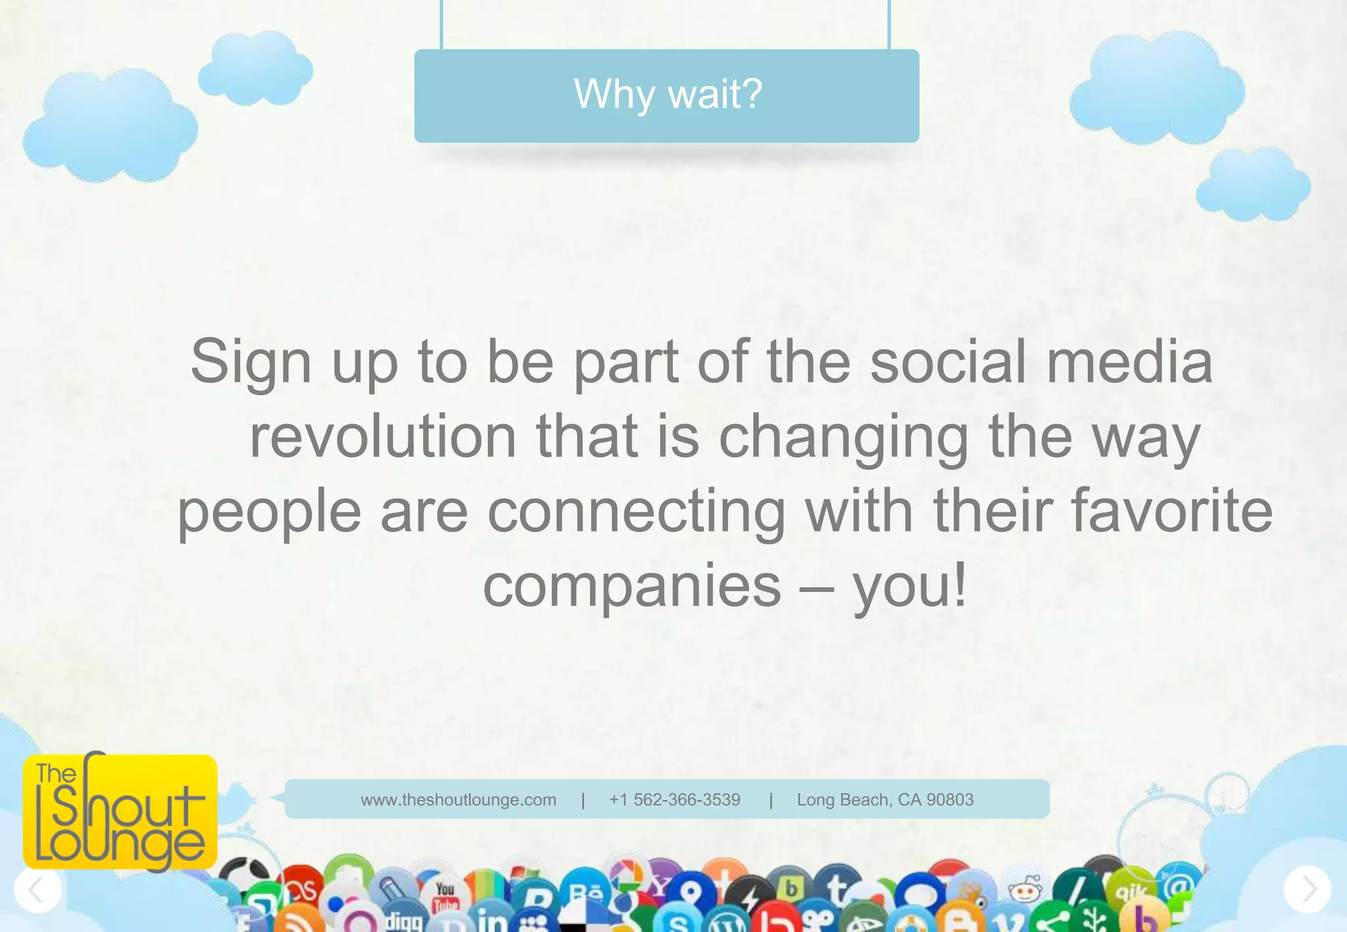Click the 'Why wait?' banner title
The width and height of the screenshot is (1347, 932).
point(668,94)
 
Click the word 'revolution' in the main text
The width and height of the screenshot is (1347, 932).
point(383,436)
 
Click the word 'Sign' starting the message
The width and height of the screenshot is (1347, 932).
point(251,362)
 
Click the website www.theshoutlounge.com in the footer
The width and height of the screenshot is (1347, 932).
point(458,800)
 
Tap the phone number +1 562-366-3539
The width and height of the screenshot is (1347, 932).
point(675,800)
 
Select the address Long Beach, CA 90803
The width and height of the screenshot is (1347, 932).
point(885,800)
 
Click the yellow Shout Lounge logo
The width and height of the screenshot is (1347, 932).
point(120,812)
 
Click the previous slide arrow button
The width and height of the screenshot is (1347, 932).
point(37,889)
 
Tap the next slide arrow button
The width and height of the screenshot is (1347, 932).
point(1308,889)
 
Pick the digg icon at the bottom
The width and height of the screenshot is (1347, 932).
point(403,921)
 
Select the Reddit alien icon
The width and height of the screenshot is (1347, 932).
point(1024,891)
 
